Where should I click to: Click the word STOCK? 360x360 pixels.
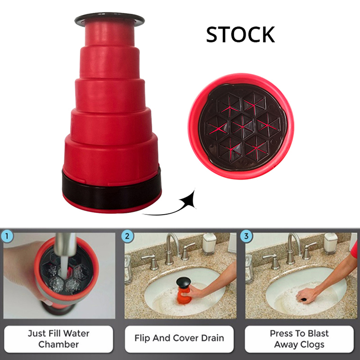(240, 34)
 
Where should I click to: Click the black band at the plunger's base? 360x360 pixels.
(112, 192)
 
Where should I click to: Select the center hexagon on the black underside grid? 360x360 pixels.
(242, 126)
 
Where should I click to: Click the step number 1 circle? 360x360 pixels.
(7, 236)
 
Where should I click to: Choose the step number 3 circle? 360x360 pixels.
(246, 236)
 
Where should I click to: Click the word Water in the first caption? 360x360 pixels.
(76, 333)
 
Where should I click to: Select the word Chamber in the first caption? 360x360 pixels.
(58, 344)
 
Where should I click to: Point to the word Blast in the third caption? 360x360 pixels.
(318, 333)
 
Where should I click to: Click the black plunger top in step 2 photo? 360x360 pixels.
(184, 281)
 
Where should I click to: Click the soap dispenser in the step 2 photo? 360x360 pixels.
(209, 244)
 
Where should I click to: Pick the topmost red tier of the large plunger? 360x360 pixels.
(110, 35)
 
